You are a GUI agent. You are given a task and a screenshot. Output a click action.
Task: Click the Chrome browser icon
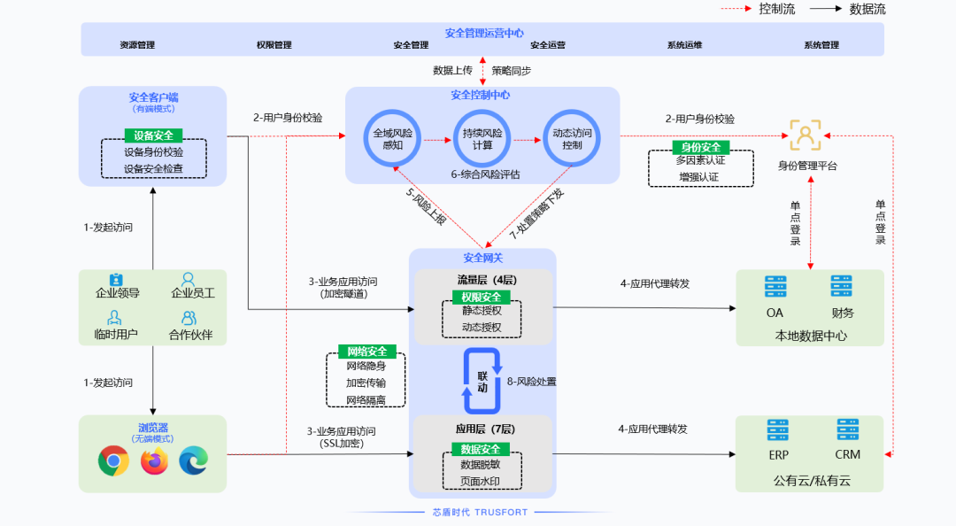[113, 460]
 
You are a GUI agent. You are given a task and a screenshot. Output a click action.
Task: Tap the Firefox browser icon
[154, 460]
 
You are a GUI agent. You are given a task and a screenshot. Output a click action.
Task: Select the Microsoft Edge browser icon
[194, 460]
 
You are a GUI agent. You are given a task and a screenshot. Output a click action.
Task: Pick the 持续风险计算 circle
[482, 139]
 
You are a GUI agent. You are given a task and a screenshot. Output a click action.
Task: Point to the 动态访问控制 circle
[572, 139]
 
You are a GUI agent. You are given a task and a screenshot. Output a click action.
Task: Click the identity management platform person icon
[806, 135]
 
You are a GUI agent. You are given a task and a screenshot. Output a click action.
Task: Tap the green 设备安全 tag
[153, 135]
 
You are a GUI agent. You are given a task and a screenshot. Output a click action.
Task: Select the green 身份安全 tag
[700, 147]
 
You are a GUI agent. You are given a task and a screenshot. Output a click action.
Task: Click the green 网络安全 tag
[366, 352]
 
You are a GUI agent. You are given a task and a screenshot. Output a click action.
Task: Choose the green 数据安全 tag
[481, 449]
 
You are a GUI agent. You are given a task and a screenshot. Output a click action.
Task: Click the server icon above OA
[775, 287]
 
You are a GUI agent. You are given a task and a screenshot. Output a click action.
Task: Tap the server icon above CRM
[847, 430]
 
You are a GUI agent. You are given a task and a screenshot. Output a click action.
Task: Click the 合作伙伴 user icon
[189, 319]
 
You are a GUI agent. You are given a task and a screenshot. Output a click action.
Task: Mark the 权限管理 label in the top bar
[274, 45]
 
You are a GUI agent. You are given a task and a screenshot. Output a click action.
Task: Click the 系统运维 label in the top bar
[684, 45]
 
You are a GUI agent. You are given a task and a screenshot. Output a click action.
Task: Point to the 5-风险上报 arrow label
[426, 206]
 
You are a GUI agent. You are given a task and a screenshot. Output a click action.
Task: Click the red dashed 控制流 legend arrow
[736, 9]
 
